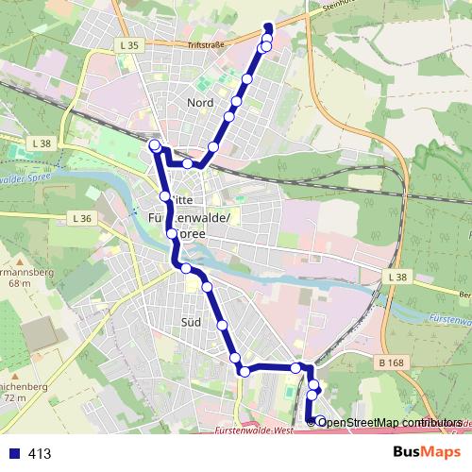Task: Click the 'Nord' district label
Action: tap(200, 102)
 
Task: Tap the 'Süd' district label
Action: tap(190, 322)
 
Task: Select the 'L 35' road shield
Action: tap(130, 44)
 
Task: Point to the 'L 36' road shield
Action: tap(82, 218)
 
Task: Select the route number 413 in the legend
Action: tap(40, 454)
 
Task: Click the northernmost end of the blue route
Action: tap(267, 25)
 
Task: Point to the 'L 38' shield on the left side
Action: tap(41, 143)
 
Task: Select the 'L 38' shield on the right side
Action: tap(397, 278)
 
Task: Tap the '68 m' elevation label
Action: tap(18, 283)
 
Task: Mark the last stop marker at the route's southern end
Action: tap(321, 421)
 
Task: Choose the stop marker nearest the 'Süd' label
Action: tap(223, 325)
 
